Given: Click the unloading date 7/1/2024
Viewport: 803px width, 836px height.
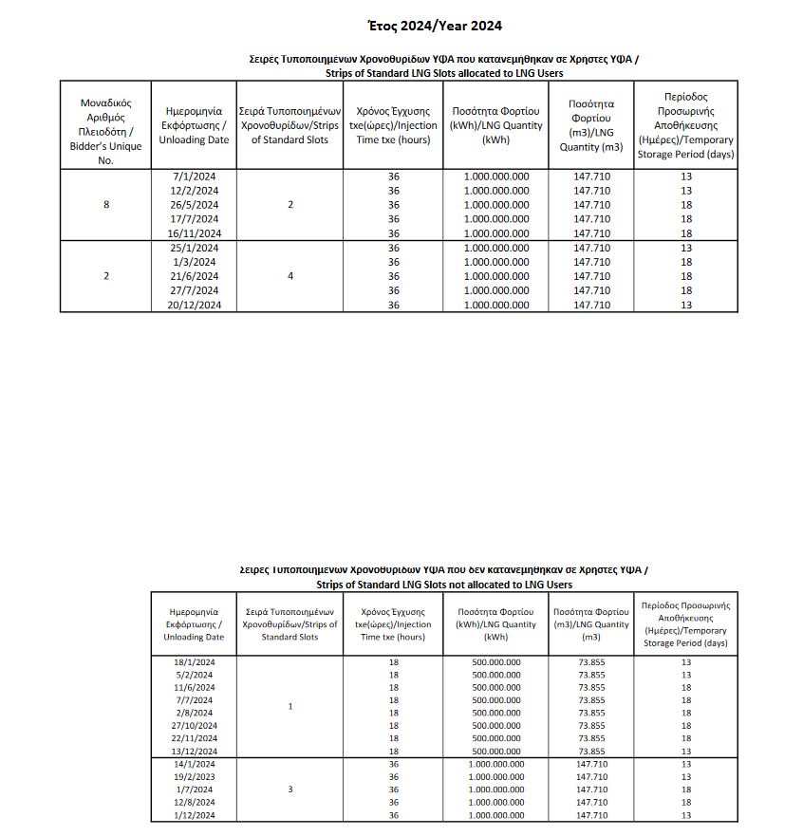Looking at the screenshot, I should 194,176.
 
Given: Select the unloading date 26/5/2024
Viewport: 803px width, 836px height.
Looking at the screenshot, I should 194,205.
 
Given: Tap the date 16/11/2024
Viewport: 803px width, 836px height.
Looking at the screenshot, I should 194,233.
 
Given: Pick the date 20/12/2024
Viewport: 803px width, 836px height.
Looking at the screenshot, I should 194,305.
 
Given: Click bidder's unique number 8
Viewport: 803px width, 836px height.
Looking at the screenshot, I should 105,205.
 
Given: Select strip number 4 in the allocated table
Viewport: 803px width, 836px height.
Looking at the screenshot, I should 289,276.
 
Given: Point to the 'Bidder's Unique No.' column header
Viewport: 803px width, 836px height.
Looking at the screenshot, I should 105,129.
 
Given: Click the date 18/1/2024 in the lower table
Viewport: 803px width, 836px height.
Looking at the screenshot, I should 194,662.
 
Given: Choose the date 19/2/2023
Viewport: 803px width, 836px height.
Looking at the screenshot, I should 194,776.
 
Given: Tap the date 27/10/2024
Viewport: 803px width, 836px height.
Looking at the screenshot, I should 194,726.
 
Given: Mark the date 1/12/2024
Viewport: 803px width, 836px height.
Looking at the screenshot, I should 194,815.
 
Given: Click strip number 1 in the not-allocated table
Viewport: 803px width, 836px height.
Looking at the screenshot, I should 289,707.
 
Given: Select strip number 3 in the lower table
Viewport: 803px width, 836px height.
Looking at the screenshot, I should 289,790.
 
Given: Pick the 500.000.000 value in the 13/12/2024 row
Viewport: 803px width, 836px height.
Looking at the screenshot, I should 496,751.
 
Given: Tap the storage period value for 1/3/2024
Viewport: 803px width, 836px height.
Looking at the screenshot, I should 687,262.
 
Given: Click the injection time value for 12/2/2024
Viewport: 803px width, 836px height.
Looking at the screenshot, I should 393,191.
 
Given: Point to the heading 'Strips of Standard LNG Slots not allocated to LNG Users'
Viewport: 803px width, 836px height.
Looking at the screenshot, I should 444,585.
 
